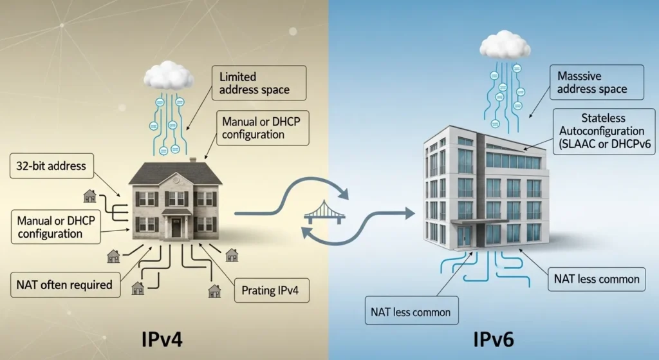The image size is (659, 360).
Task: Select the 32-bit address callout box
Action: (51, 166)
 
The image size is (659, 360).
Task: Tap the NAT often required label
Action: (66, 284)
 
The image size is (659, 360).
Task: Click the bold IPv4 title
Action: (166, 339)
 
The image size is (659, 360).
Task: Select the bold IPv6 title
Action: (494, 339)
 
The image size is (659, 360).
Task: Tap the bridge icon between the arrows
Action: (326, 213)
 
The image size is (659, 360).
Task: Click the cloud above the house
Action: (169, 75)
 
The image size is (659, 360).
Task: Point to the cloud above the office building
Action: (505, 46)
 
